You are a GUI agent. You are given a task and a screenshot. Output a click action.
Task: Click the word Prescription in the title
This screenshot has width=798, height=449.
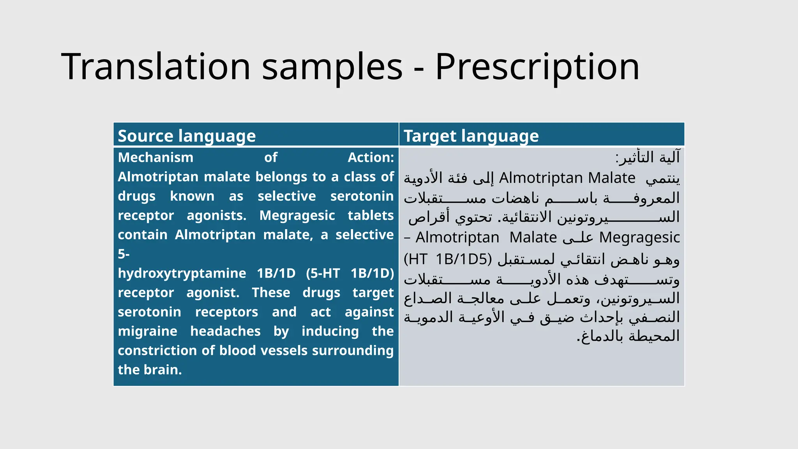537,67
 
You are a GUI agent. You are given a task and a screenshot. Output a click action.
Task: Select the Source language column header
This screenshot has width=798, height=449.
187,136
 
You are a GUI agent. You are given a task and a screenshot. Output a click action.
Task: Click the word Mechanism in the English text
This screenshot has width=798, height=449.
155,157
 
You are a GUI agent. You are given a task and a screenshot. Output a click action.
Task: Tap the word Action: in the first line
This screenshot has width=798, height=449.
371,157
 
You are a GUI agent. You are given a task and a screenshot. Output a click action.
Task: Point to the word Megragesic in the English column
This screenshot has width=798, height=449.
297,216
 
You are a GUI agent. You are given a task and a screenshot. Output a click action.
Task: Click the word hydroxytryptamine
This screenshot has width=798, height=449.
182,273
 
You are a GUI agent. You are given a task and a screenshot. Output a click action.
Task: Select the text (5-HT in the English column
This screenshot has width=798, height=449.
323,273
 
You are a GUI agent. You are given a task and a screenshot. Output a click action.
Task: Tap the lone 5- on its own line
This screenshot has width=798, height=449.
124,254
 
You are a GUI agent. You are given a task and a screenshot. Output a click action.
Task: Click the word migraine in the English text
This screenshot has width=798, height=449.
147,331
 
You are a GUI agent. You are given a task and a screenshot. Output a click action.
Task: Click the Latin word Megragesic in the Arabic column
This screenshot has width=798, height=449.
639,237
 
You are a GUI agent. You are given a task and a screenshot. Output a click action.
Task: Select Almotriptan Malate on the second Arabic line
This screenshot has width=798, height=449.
567,178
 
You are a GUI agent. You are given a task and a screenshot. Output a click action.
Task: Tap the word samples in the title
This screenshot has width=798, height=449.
332,67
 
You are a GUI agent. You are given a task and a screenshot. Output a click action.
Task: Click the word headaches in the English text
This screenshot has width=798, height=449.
225,331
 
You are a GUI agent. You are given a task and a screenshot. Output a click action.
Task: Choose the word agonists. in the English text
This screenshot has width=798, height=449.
216,216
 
